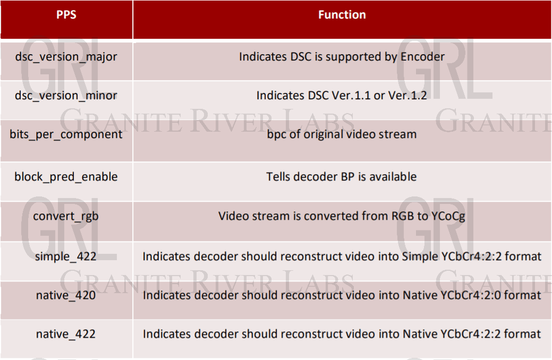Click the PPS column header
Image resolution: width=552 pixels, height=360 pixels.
point(66,15)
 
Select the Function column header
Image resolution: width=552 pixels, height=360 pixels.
point(342,15)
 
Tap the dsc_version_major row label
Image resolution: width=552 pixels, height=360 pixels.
point(66,57)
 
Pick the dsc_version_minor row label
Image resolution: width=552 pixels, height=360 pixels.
point(66,96)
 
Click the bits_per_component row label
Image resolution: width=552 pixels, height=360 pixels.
point(66,134)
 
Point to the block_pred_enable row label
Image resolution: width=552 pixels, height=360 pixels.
point(66,177)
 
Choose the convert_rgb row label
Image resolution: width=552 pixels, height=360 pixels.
point(66,217)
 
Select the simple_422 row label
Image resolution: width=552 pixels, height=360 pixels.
point(66,256)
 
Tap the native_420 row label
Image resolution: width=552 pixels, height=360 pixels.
point(66,295)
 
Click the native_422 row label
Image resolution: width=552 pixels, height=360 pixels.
point(66,334)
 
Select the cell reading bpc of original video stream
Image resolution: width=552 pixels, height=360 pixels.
point(342,134)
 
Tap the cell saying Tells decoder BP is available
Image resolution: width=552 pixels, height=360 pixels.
point(342,177)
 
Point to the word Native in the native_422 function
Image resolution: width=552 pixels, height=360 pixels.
point(420,334)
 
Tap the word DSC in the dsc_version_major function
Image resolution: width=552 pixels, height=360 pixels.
point(300,57)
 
